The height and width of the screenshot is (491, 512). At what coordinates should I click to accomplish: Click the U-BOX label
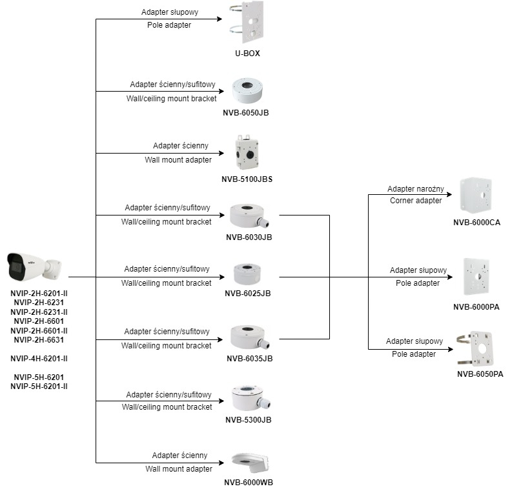tap(248, 54)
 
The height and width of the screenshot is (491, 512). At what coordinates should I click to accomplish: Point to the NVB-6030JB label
tap(249, 237)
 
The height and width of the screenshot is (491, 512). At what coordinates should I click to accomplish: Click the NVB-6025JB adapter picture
tap(248, 274)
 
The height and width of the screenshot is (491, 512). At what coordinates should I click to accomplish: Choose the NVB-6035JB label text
tap(249, 358)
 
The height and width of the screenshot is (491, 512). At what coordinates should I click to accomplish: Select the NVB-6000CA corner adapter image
tap(476, 196)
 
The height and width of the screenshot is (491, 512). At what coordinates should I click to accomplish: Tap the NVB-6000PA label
tap(476, 306)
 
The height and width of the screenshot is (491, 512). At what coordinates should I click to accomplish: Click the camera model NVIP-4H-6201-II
tap(39, 358)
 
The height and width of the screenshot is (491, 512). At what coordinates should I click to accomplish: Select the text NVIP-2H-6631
tap(39, 340)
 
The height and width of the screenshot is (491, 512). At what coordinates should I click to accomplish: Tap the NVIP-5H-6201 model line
tap(39, 377)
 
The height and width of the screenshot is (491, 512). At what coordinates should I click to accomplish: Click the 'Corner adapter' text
tap(416, 201)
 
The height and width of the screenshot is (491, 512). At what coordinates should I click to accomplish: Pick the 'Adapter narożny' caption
tap(416, 189)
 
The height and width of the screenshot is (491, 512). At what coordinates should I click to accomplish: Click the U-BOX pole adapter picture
tap(247, 23)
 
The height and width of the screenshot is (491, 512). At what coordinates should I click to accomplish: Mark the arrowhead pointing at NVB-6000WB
tap(227, 463)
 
